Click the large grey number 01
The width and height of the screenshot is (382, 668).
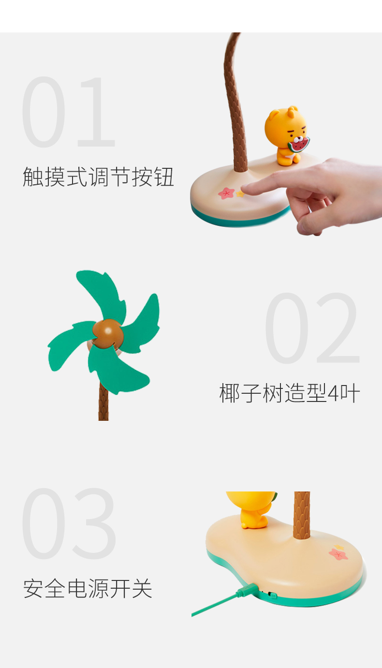[68, 112]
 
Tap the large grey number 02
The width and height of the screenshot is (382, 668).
[312, 328]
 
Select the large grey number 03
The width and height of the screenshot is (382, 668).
[69, 524]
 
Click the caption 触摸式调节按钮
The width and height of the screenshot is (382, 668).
[98, 177]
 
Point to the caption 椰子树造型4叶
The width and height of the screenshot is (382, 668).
[290, 393]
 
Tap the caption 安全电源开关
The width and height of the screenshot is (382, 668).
[88, 588]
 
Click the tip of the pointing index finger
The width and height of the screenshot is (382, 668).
[243, 189]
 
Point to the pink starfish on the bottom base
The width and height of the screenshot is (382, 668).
[338, 554]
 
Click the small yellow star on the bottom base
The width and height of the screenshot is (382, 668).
[339, 546]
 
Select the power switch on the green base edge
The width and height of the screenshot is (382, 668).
[273, 595]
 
